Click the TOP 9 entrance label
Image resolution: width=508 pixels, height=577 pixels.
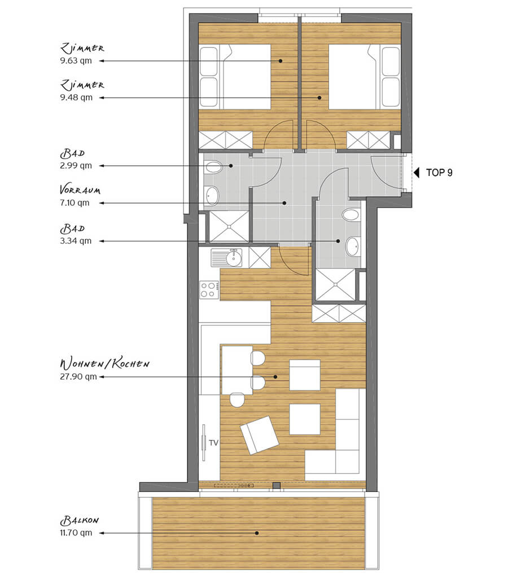439,173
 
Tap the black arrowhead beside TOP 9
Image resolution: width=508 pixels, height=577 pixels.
416,173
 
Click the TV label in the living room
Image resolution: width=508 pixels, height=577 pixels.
214,443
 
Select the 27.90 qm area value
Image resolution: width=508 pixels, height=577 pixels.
78,376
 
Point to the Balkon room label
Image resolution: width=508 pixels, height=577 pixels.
80,521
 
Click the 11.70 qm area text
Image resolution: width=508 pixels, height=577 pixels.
76,532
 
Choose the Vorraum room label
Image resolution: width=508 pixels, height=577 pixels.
80,190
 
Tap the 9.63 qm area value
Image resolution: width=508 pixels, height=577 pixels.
76,60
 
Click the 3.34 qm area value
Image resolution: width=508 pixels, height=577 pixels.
76,241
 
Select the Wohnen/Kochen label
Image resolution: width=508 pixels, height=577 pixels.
104,364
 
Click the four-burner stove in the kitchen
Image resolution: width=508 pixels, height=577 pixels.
209,289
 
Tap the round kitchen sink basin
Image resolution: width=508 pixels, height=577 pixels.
234,258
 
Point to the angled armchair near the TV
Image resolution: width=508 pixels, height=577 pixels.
259,435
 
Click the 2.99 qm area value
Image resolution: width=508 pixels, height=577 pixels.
76,165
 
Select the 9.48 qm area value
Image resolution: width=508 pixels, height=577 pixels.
76,97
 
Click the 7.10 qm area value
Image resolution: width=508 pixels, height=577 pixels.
75,202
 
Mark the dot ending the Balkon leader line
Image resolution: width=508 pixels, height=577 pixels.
257,532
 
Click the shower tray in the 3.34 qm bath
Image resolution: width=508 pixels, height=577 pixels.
335,285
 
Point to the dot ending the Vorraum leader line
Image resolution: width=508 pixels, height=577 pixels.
284,202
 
